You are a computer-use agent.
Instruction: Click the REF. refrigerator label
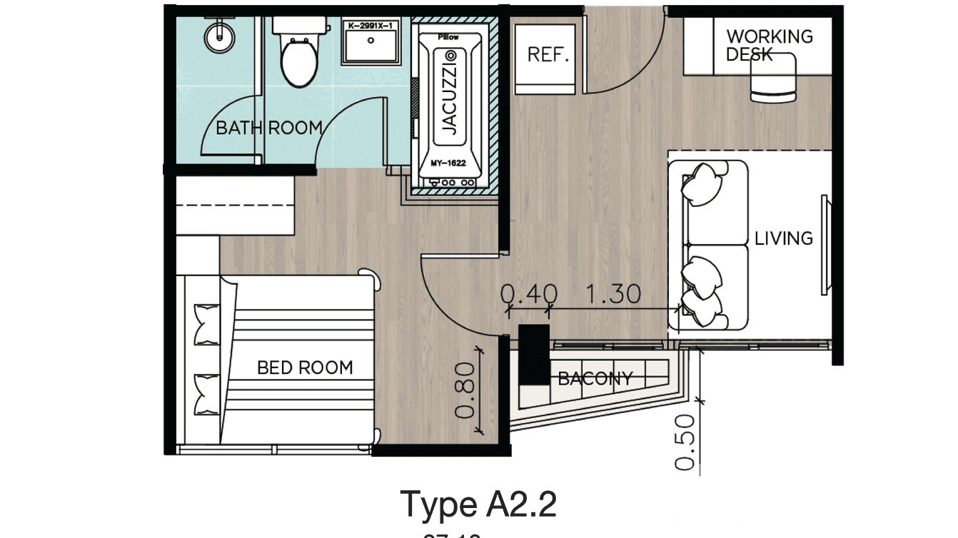click(548, 55)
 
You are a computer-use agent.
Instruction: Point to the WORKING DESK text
click(768, 44)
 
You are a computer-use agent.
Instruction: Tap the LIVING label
click(784, 238)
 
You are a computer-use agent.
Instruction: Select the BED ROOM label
click(305, 368)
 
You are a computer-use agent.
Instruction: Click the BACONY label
click(595, 378)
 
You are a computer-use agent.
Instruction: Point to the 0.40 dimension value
click(529, 293)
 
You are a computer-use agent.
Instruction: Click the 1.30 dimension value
click(612, 293)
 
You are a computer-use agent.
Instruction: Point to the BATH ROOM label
click(269, 128)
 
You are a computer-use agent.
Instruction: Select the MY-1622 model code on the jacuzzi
click(448, 163)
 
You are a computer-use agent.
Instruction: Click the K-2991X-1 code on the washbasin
click(370, 26)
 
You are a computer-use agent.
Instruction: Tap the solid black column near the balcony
click(534, 355)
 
